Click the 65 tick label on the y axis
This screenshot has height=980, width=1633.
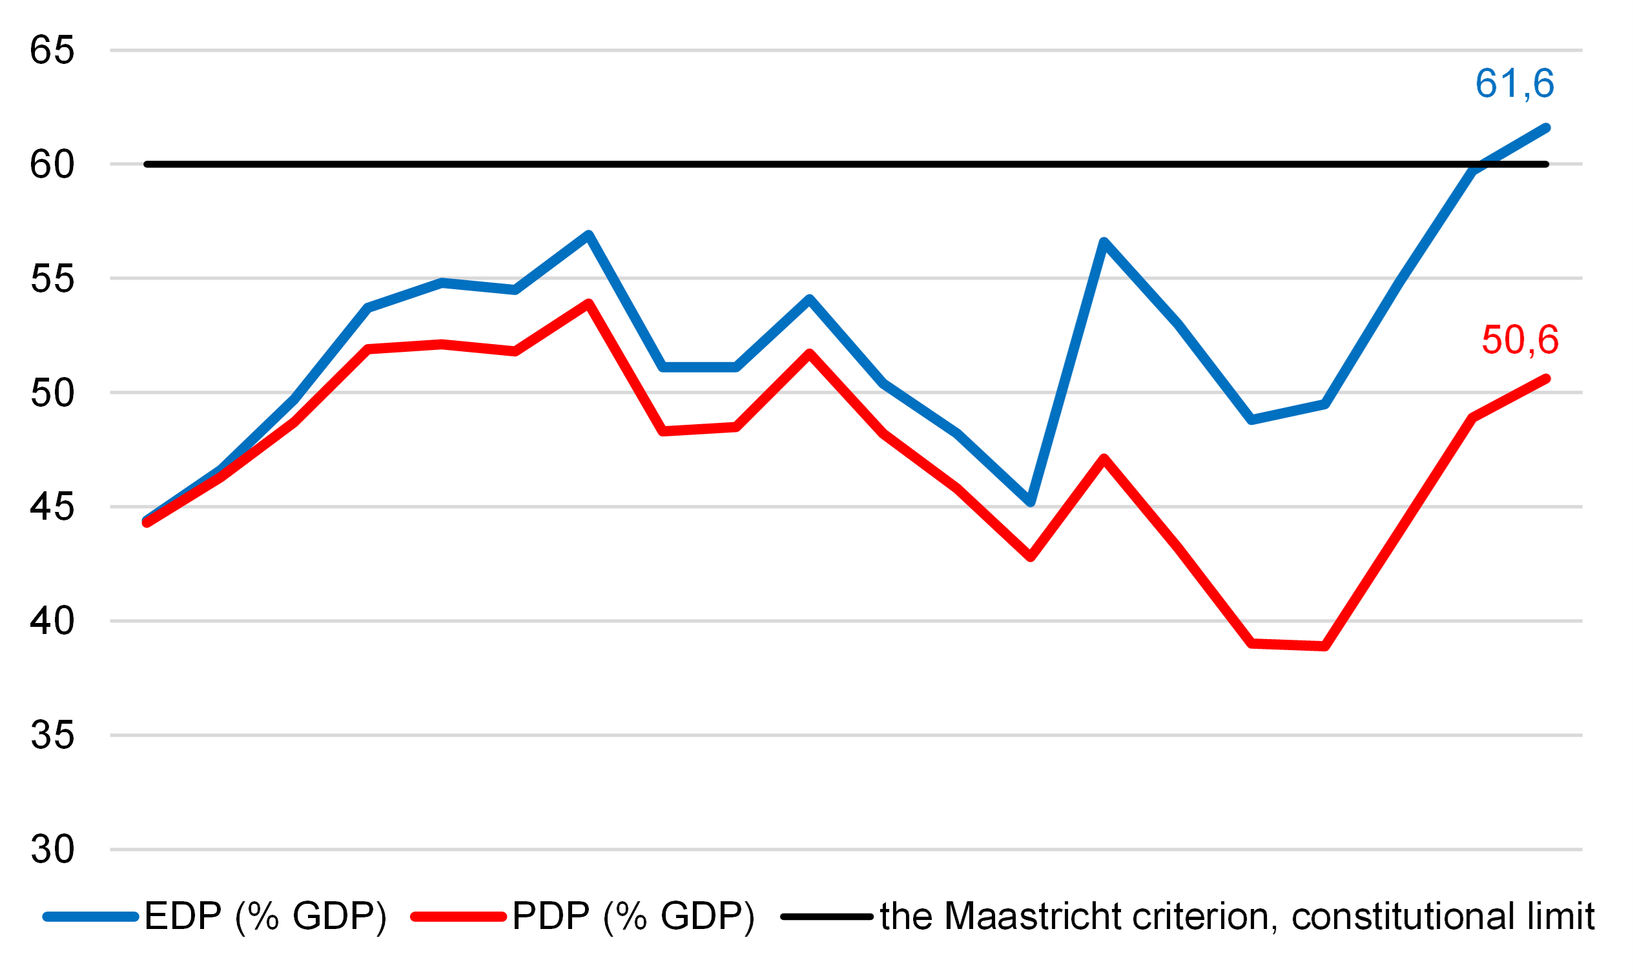click(52, 50)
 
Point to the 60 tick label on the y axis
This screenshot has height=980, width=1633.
click(52, 165)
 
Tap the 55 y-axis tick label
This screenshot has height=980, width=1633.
click(52, 279)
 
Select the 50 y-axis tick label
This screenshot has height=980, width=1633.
click(52, 393)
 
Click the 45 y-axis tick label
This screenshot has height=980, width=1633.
click(52, 507)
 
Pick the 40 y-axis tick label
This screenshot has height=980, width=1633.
click(52, 622)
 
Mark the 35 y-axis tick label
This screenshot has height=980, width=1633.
click(52, 736)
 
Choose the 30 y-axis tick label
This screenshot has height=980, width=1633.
click(52, 850)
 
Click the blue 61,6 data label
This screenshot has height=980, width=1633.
click(1515, 84)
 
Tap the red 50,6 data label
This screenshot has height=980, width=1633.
click(1520, 340)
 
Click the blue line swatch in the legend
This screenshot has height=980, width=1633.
click(90, 917)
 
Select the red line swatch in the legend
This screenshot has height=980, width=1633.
click(458, 917)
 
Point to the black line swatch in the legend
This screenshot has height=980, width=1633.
click(827, 917)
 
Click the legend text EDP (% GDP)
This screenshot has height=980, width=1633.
click(265, 917)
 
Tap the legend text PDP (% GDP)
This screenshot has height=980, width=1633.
click(633, 917)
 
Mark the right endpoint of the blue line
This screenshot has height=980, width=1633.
click(1546, 128)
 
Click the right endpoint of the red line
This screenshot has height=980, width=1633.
click(1546, 379)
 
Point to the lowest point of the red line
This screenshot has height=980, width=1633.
click(1325, 646)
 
